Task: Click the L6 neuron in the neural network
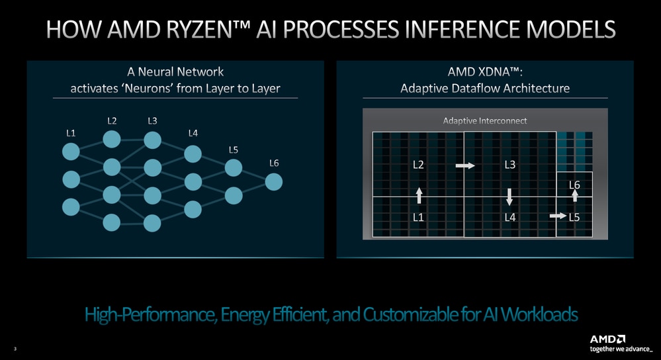(x=273, y=182)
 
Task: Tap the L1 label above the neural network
(x=71, y=133)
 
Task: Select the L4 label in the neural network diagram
(x=193, y=133)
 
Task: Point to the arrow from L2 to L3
(x=465, y=165)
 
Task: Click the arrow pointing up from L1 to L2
(x=419, y=196)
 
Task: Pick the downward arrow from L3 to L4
(x=509, y=197)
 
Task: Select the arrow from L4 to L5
(x=558, y=216)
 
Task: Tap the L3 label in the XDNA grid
(x=510, y=164)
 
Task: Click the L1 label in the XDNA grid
(x=418, y=217)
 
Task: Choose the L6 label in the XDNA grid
(x=574, y=185)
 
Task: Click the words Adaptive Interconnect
(x=485, y=121)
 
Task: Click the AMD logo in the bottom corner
(x=607, y=339)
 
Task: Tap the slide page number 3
(x=15, y=349)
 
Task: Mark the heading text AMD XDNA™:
(x=485, y=71)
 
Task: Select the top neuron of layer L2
(x=112, y=139)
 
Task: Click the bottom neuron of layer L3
(x=152, y=224)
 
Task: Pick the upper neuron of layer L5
(x=234, y=168)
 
